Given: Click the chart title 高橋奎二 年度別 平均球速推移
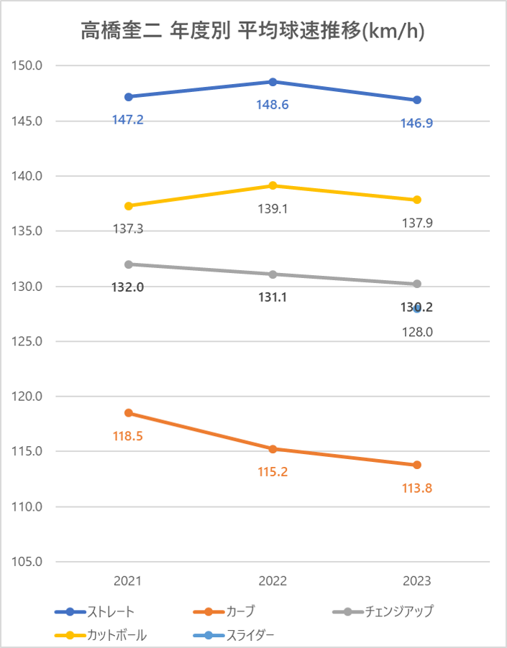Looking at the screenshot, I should click(x=252, y=32).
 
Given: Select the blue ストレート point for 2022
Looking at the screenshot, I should click(x=273, y=82).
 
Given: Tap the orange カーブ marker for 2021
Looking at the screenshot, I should click(x=129, y=413).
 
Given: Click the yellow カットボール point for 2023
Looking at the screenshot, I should click(x=417, y=200).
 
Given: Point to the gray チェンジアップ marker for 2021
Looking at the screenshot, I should click(x=129, y=264).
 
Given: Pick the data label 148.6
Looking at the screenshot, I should click(x=273, y=105).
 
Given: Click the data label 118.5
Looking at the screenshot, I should click(x=128, y=435).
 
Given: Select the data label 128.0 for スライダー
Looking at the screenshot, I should click(x=417, y=332).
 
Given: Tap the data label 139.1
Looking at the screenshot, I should click(x=273, y=209).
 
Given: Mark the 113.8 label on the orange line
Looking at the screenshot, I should click(x=417, y=489).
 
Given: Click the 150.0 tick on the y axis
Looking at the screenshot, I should click(x=29, y=66).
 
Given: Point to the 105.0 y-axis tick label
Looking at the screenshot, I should click(x=29, y=562).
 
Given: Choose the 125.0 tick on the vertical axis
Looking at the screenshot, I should click(x=29, y=341).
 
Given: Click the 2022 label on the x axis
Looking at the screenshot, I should click(x=273, y=581).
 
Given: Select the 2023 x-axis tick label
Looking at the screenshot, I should click(x=417, y=581).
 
